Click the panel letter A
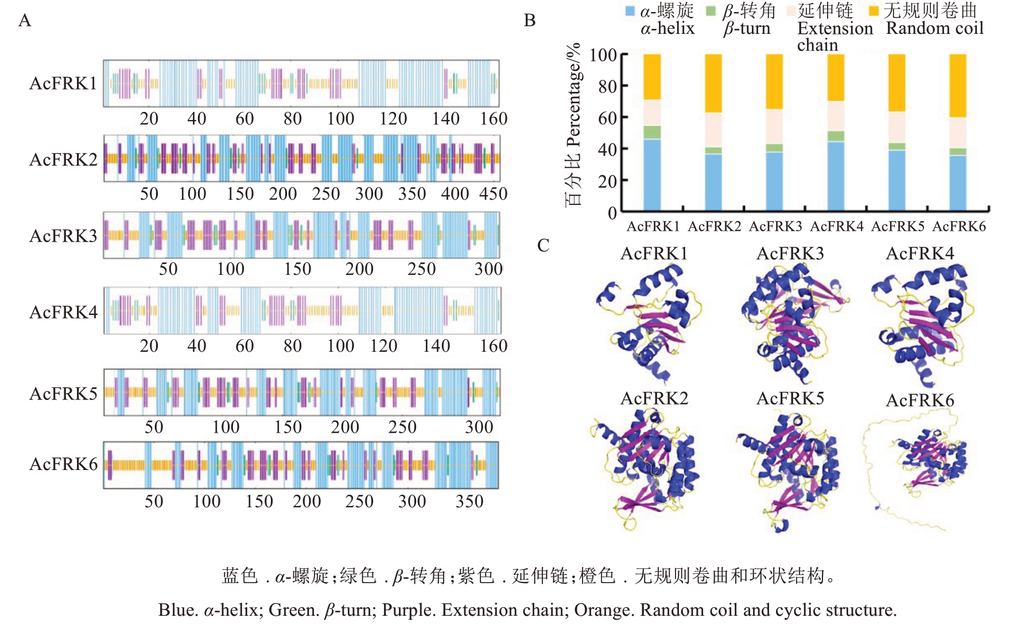tap(25, 21)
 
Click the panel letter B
tap(530, 21)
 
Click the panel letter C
tap(543, 246)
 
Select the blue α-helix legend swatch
tap(630, 11)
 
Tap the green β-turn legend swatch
tap(711, 11)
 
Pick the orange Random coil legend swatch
tap(874, 11)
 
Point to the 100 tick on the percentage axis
tap(603, 55)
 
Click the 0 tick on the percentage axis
tap(612, 213)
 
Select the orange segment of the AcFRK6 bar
tap(958, 86)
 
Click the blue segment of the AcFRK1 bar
tap(652, 175)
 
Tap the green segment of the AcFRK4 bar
tap(836, 136)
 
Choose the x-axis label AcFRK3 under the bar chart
tap(775, 227)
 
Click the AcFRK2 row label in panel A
tap(63, 160)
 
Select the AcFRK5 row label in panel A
tap(63, 394)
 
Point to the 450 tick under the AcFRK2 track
tap(494, 194)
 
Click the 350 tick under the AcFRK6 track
tap(469, 502)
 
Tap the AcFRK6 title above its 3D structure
tap(919, 400)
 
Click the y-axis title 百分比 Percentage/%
tap(574, 125)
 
